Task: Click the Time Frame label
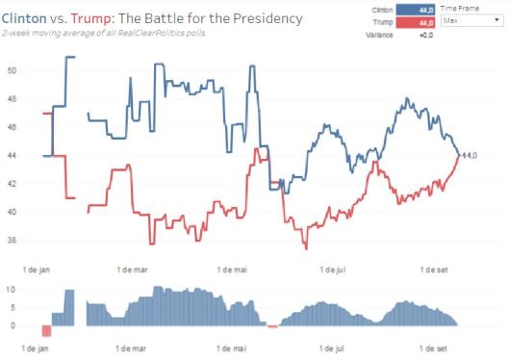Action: [462, 8]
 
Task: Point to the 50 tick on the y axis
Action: [12, 70]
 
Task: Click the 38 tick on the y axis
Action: [12, 240]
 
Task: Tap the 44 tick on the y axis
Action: [12, 155]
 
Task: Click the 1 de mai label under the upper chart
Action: [233, 260]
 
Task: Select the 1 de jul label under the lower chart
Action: [335, 346]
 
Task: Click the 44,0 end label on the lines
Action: [470, 155]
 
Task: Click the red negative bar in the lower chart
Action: [46, 331]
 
